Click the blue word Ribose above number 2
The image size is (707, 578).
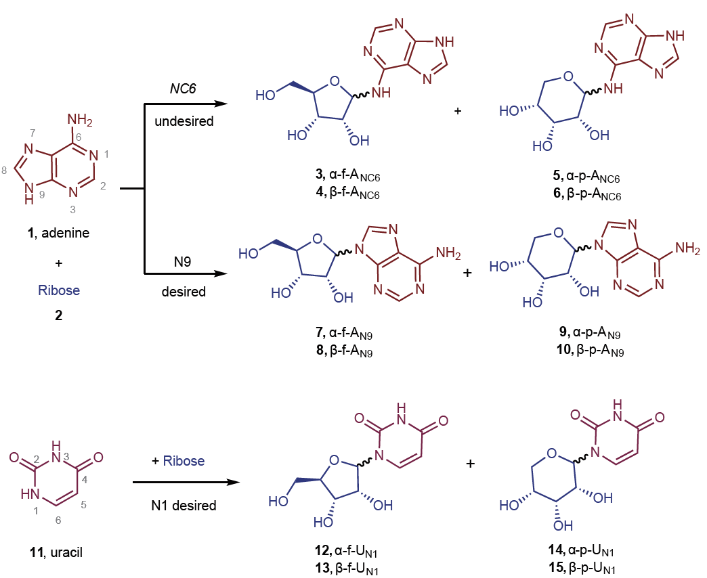[x=59, y=290]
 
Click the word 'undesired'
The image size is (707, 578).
[x=182, y=122]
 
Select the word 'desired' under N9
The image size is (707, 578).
[x=182, y=293]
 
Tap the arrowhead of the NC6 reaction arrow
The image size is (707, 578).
[x=219, y=104]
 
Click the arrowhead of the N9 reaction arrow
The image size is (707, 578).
[x=219, y=274]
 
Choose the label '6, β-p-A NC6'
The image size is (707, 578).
[x=586, y=194]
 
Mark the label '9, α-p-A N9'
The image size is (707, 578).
[x=586, y=335]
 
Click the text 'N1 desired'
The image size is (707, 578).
[x=184, y=506]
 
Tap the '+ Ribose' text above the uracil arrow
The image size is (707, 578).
[x=178, y=460]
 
